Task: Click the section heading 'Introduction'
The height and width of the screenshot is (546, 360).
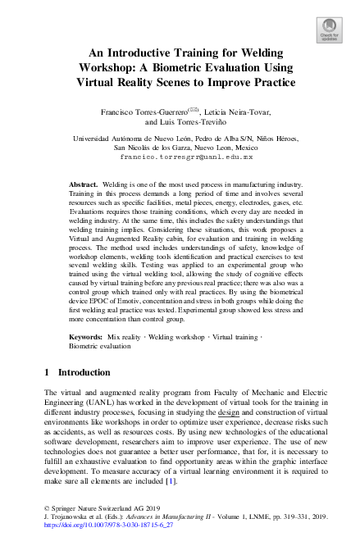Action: click(x=84, y=395)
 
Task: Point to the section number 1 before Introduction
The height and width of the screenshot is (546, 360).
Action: click(x=47, y=395)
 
